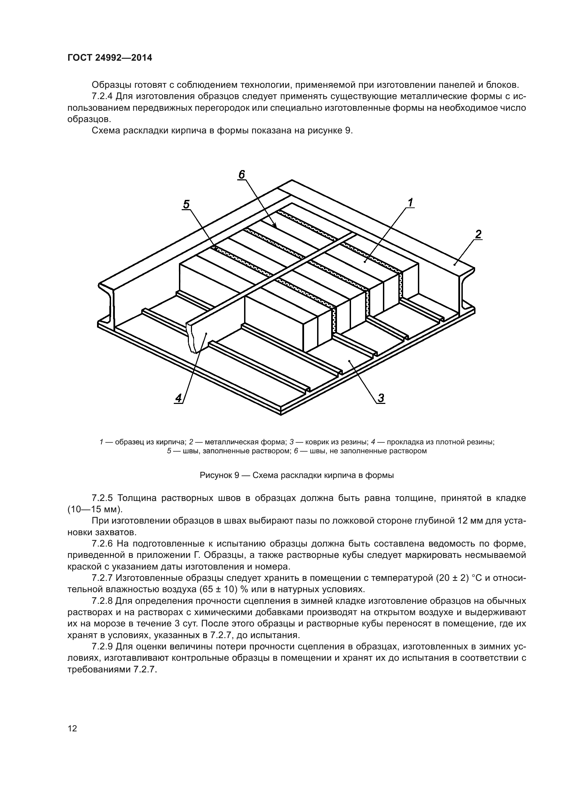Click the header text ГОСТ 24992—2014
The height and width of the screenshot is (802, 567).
(110, 58)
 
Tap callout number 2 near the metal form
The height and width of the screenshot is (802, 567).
(478, 234)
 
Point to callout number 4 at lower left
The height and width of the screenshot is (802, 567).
(178, 398)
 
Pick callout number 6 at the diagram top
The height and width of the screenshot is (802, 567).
(242, 174)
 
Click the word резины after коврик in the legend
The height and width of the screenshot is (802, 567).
(353, 442)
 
